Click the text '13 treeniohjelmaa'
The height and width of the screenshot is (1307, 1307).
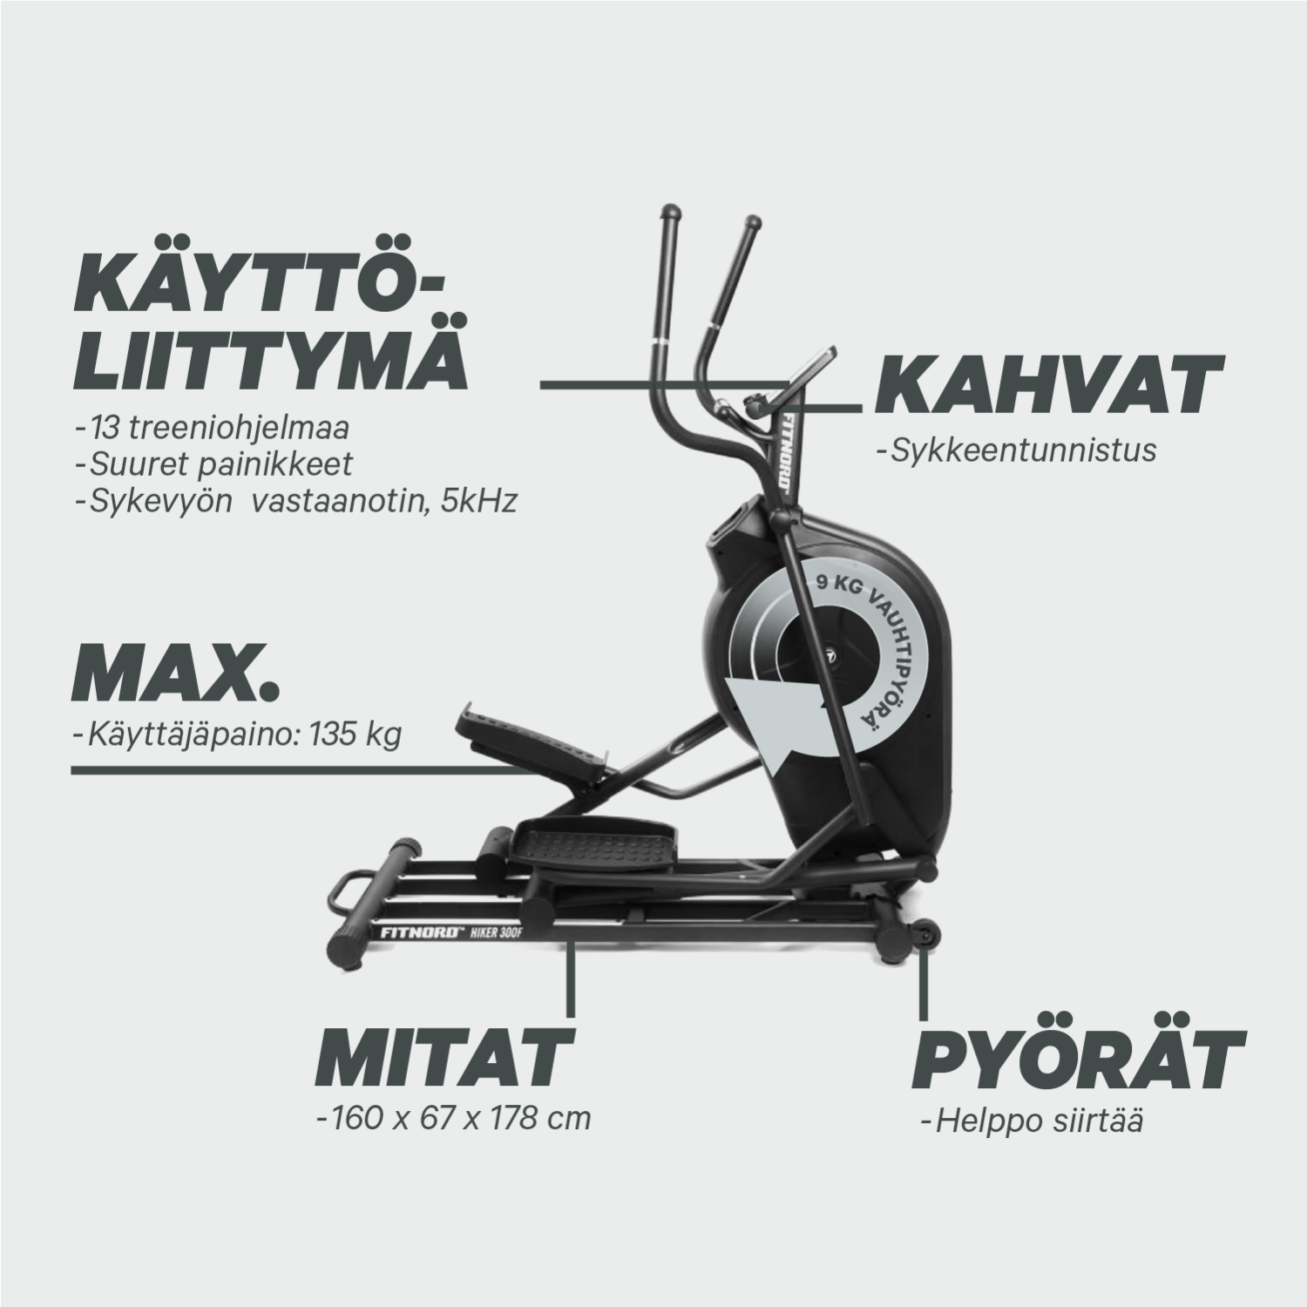(213, 430)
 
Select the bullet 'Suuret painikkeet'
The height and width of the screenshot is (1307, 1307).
(214, 464)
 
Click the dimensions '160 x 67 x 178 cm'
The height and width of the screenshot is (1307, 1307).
(454, 1117)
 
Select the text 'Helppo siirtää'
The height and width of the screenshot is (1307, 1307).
(1032, 1121)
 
